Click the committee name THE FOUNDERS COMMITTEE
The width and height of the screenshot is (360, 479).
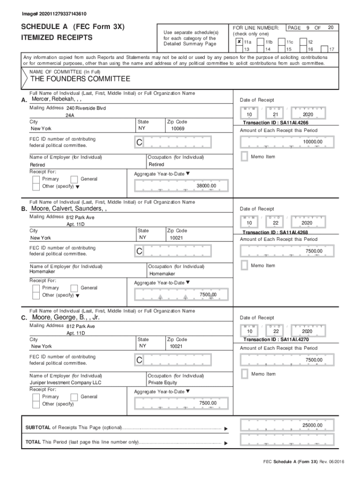80,79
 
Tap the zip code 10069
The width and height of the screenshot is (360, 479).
177,128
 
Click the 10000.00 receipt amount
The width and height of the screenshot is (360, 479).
312,142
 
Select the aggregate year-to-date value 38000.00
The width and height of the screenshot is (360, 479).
206,186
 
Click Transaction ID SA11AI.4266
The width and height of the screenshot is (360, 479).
279,123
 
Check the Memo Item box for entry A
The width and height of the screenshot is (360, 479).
244,157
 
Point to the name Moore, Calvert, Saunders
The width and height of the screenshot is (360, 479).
69,209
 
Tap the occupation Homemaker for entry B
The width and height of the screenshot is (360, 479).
162,274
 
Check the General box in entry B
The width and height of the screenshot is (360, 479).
74,288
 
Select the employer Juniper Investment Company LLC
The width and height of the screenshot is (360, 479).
65,383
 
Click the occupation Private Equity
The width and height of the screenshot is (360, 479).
163,383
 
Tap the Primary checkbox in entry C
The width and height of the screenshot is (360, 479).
36,397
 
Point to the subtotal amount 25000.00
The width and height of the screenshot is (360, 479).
312,425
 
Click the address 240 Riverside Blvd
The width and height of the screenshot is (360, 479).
86,108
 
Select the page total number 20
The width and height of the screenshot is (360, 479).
331,28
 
